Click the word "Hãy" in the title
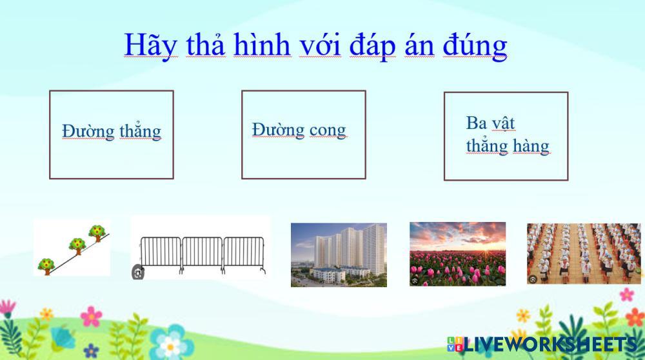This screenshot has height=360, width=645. (x=150, y=45)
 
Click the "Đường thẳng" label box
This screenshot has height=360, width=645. (x=112, y=135)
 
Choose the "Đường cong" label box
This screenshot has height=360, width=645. (x=304, y=135)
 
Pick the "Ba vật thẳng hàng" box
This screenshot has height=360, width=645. (x=506, y=136)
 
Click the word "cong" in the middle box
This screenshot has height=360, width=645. (x=328, y=131)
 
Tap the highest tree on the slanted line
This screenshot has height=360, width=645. (x=97, y=232)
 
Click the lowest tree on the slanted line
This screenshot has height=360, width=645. (x=46, y=266)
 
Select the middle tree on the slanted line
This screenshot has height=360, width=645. (x=77, y=246)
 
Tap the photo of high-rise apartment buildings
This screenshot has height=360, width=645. (x=339, y=255)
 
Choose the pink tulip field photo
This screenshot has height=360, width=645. (x=457, y=254)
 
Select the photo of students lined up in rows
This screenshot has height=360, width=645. (x=584, y=254)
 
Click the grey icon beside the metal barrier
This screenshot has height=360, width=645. (x=138, y=272)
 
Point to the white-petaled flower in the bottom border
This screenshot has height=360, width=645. (x=170, y=346)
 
